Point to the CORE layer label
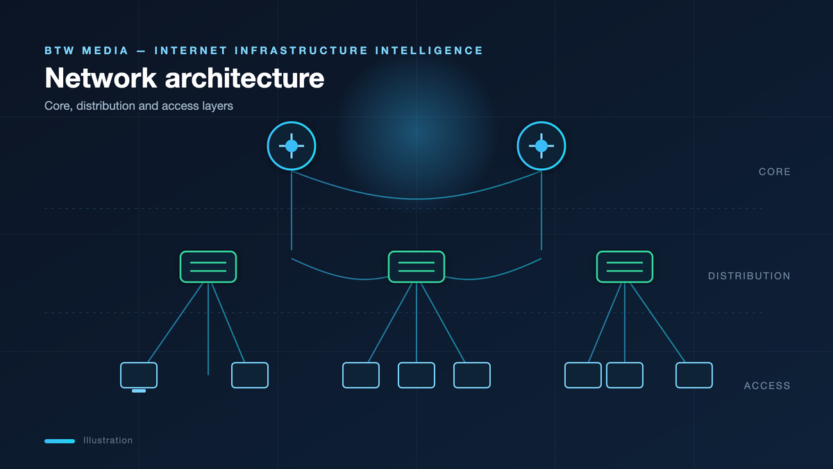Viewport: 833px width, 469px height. [775, 172]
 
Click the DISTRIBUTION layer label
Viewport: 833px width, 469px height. [749, 276]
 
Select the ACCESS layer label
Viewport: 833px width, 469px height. [767, 386]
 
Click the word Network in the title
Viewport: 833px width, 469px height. [101, 78]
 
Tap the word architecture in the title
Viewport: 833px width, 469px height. [244, 78]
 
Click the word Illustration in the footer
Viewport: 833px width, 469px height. [108, 441]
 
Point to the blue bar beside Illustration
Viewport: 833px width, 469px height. [60, 441]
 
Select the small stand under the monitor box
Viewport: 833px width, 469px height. [139, 390]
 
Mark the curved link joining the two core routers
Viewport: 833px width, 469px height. [416, 199]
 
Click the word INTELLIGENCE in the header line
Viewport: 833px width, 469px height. [429, 51]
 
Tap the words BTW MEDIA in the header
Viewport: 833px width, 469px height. [87, 51]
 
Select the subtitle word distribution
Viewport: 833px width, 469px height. [106, 106]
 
